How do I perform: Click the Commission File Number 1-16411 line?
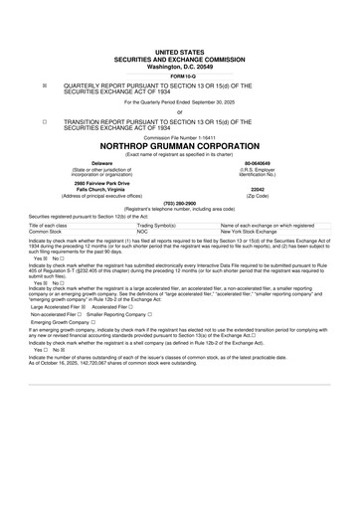click(179, 138)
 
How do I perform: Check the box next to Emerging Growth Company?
click(92, 323)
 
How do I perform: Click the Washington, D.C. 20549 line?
click(179, 66)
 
